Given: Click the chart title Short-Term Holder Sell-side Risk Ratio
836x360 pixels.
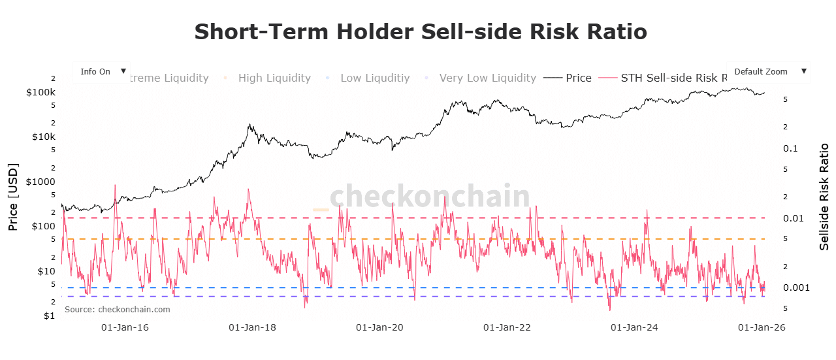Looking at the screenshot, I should pyautogui.click(x=421, y=32).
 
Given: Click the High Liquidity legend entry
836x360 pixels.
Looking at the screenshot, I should pyautogui.click(x=274, y=78).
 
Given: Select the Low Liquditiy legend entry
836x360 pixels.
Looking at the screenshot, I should pyautogui.click(x=374, y=78).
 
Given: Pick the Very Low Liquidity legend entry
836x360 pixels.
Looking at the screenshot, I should pyautogui.click(x=487, y=78).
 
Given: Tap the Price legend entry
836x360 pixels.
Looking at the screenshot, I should pyautogui.click(x=578, y=78).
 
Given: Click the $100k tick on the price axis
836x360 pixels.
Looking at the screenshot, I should pyautogui.click(x=40, y=92).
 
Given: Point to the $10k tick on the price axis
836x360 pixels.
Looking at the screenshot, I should pyautogui.click(x=43, y=137).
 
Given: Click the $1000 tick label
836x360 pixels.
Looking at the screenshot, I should pyautogui.click(x=40, y=181).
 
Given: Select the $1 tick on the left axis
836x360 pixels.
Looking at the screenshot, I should pyautogui.click(x=50, y=316).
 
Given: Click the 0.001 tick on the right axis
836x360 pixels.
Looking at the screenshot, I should pyautogui.click(x=796, y=287).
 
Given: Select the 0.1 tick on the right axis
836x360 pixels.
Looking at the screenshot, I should pyautogui.click(x=791, y=148).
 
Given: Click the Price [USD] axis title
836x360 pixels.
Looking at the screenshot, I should pyautogui.click(x=13, y=197).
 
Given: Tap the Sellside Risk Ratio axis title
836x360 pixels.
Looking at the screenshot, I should pyautogui.click(x=824, y=197).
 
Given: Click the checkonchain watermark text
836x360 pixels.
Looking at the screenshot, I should pyautogui.click(x=429, y=196).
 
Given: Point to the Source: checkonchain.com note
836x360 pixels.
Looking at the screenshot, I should pyautogui.click(x=117, y=309).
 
